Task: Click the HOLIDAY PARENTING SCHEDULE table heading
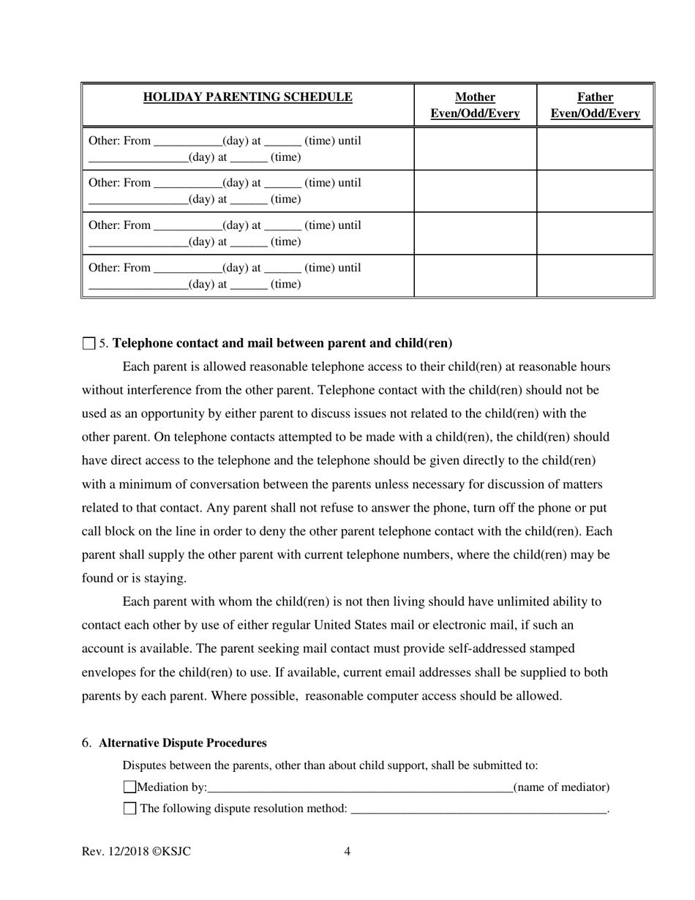pos(247,97)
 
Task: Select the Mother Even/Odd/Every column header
pos(475,105)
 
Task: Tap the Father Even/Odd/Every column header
pos(595,105)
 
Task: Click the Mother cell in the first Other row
pos(475,149)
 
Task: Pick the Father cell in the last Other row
pos(595,276)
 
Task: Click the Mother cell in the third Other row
pos(475,233)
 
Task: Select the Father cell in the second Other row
pos(595,191)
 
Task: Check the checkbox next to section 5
pos(89,343)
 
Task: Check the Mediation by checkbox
pos(129,787)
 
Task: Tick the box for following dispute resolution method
pos(129,809)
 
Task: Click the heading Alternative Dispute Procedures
pos(182,743)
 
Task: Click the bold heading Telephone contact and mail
pos(282,343)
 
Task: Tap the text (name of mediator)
pos(561,787)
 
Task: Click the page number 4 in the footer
pos(347,852)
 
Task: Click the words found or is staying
pos(134,578)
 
